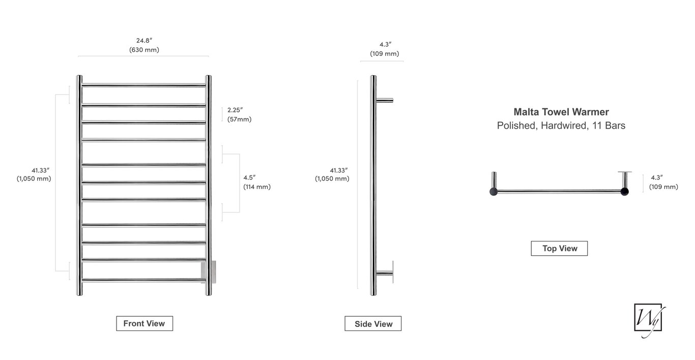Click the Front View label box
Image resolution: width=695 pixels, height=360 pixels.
144,323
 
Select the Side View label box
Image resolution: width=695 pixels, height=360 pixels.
373,324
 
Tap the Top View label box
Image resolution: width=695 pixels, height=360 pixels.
559,248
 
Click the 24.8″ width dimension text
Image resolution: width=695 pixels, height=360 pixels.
144,45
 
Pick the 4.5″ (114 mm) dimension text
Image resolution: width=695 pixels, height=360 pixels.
256,182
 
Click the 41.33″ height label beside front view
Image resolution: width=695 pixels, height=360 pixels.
34,174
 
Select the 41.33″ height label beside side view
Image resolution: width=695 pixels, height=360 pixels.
332,174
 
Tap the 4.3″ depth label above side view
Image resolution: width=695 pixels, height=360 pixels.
384,49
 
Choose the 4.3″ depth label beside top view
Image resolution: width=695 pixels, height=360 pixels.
663,182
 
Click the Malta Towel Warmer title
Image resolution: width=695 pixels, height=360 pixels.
561,112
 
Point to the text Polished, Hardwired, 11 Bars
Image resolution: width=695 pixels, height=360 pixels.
561,126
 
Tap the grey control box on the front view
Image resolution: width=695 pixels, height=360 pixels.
212,270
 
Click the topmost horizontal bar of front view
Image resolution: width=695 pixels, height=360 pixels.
144,85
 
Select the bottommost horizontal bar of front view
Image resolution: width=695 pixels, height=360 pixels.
144,279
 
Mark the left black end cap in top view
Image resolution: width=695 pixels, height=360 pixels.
493,192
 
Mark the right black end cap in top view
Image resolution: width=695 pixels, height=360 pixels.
624,192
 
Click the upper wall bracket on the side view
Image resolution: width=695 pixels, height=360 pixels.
385,100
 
